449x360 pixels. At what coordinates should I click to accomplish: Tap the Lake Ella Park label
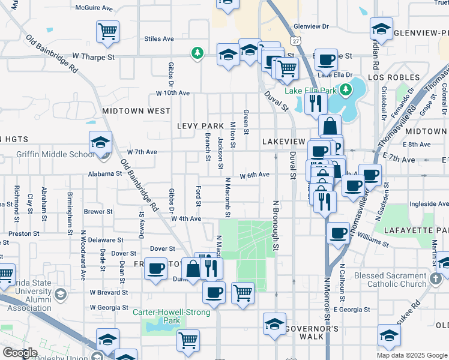pos(311,91)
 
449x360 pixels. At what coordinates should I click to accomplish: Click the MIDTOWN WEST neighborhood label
pos(136,111)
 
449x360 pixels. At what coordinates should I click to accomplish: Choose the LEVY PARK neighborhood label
pos(200,125)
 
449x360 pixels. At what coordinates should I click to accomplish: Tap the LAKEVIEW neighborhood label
pos(284,140)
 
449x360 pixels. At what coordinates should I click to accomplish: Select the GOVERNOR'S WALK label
pos(312,329)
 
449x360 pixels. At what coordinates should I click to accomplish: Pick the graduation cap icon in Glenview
pos(381,28)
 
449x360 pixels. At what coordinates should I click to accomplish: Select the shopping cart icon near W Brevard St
pos(243,293)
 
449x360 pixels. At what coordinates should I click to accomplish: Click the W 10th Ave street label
pos(173,93)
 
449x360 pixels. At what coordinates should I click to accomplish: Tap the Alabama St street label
pos(106,173)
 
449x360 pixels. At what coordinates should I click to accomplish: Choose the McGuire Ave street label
pos(94,8)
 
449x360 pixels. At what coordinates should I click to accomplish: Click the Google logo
pos(20,353)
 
